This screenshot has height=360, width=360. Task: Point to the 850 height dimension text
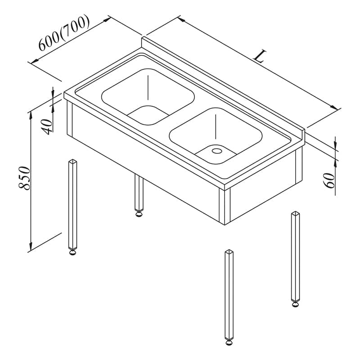click(x=24, y=178)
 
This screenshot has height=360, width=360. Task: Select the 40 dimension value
click(x=47, y=127)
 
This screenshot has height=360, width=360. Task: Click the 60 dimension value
click(x=328, y=180)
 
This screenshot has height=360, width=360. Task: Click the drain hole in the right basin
click(x=217, y=151)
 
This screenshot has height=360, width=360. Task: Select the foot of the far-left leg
click(x=73, y=252)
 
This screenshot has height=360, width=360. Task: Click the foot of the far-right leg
click(x=296, y=305)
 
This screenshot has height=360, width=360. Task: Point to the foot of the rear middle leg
click(x=139, y=214)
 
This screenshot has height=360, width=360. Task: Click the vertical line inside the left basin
click(x=148, y=87)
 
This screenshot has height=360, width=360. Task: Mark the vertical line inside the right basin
click(x=216, y=127)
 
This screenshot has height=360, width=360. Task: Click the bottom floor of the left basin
click(x=148, y=115)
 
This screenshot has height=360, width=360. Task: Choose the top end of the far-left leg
click(x=73, y=161)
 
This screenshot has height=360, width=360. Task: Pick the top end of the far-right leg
click(x=296, y=213)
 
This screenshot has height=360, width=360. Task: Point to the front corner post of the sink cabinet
click(x=225, y=207)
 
